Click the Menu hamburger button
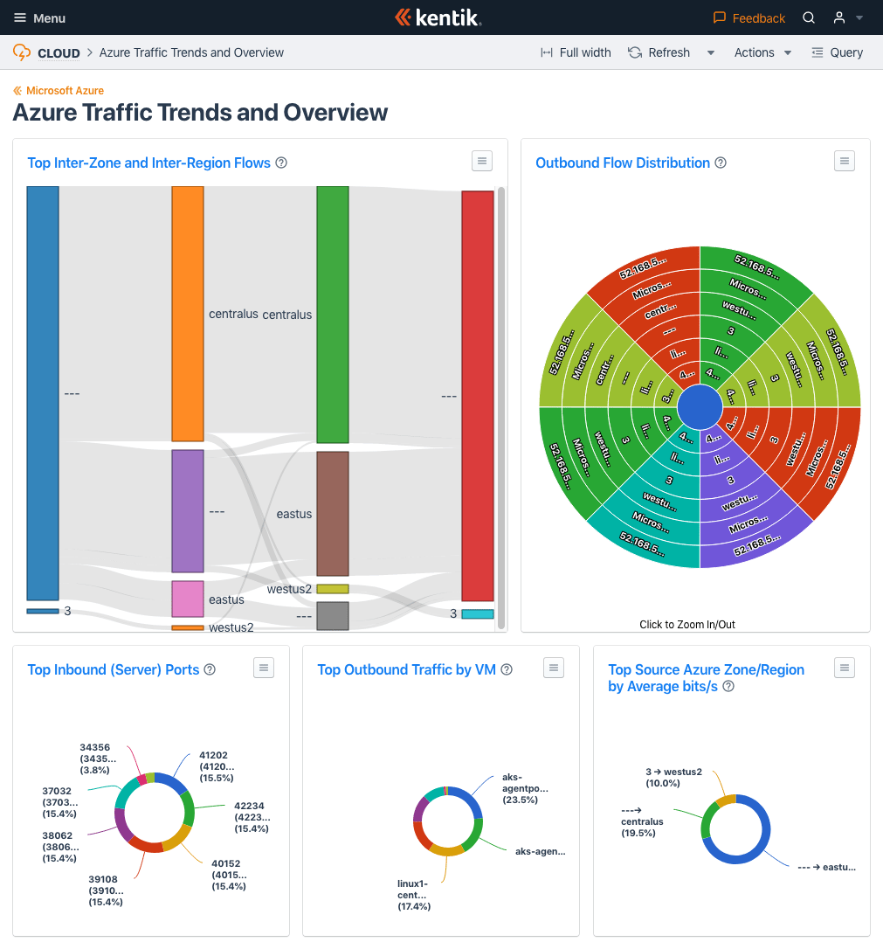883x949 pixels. click(x=39, y=17)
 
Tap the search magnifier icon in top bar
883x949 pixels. click(x=809, y=17)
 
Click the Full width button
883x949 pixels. click(x=576, y=52)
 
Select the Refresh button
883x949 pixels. click(x=659, y=52)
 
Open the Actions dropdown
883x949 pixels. click(x=762, y=52)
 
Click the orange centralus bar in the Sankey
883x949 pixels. click(x=187, y=313)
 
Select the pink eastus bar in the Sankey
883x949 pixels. click(x=187, y=599)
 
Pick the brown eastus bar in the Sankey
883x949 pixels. click(x=332, y=513)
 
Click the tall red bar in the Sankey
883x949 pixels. click(x=477, y=395)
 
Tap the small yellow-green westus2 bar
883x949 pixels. click(x=332, y=589)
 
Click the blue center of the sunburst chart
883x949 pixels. click(x=700, y=407)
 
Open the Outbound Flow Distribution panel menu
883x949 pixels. click(x=843, y=161)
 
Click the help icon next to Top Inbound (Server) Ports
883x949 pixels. click(x=210, y=669)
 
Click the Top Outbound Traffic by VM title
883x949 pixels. click(x=406, y=669)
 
